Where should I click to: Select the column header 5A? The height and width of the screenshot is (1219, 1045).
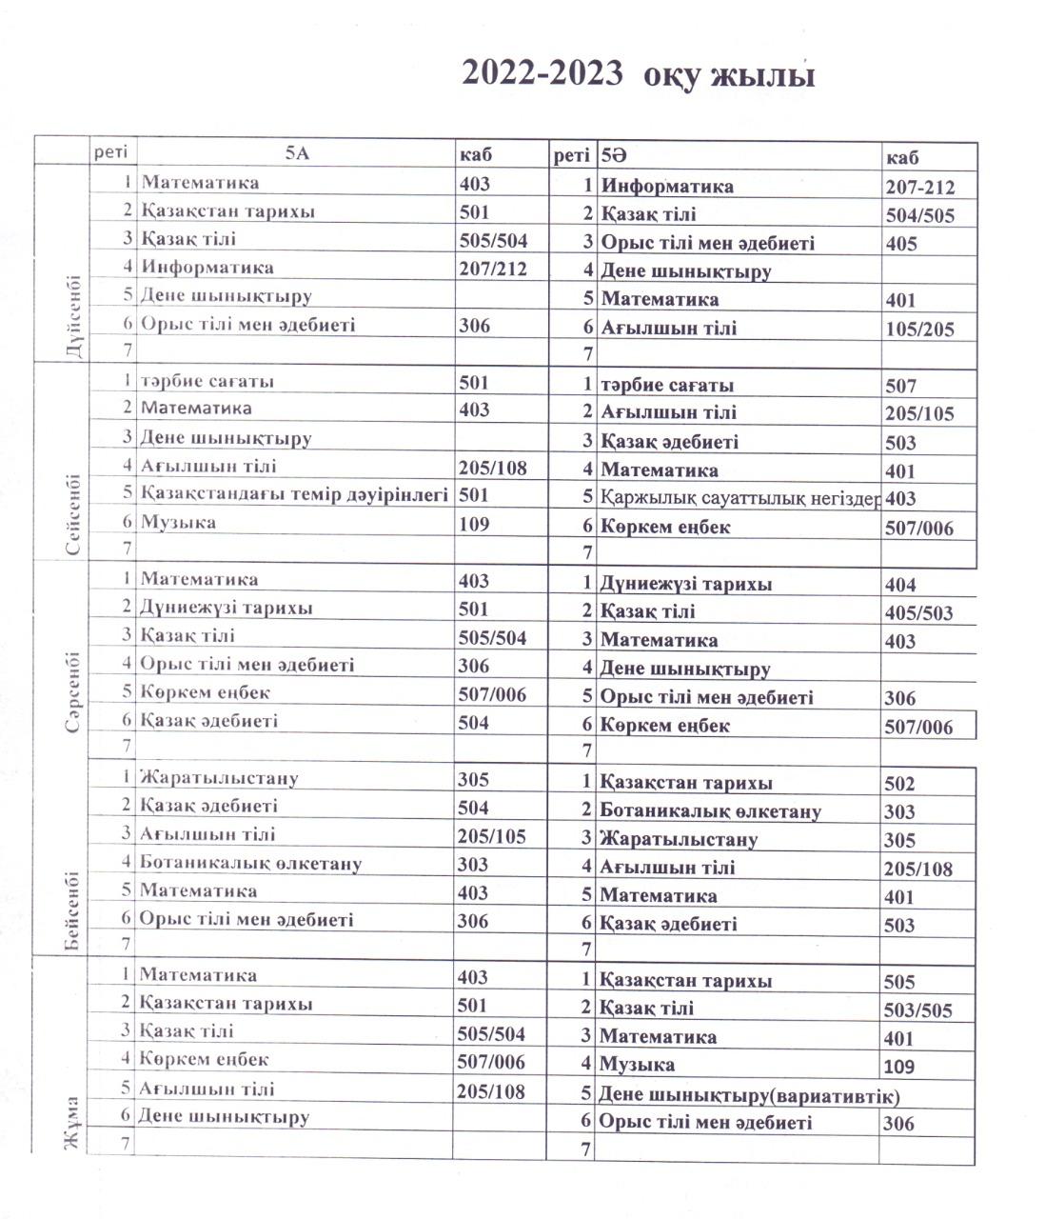[297, 153]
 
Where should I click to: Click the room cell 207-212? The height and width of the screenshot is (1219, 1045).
[918, 188]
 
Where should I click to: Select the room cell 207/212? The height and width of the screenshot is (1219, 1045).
[492, 268]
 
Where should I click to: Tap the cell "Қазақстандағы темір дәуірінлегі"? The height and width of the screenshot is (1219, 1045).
[294, 494]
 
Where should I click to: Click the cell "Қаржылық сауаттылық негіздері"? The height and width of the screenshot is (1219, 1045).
[739, 498]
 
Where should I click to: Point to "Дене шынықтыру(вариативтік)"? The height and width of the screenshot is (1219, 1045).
[749, 1094]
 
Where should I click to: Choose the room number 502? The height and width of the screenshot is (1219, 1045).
[899, 784]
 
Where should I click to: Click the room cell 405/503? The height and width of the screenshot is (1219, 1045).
[917, 613]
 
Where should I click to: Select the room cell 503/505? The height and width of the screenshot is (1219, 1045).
[917, 1010]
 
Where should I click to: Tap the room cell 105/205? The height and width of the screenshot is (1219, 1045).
[918, 330]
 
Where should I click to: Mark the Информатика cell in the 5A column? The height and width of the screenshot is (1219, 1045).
[207, 268]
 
